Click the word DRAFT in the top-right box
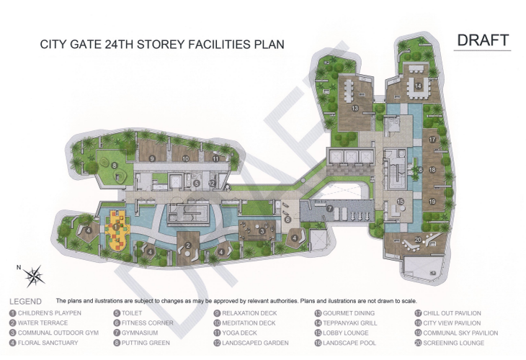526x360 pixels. coord(483,40)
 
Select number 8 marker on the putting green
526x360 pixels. coord(115,166)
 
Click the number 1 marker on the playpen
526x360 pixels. coord(116,227)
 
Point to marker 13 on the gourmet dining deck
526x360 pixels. coord(355,108)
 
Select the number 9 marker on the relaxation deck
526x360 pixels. coord(151,158)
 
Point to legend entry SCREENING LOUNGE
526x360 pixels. coord(454,343)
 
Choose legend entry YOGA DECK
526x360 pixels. coord(240,333)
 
